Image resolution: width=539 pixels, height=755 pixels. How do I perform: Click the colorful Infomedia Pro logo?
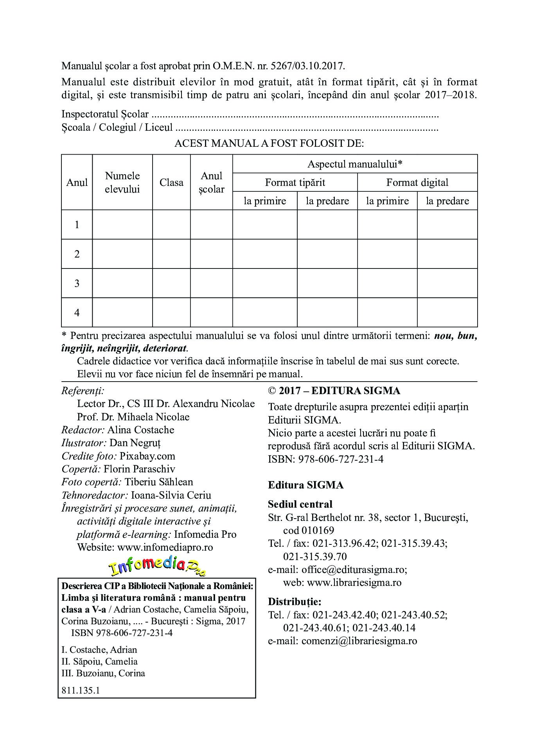[157, 567]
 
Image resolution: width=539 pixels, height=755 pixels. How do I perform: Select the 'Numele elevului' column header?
[122, 182]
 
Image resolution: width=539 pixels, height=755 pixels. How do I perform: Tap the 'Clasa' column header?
[171, 182]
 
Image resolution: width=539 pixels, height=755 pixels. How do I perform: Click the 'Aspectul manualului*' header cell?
[355, 164]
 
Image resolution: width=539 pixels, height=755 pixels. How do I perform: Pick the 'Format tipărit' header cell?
[295, 182]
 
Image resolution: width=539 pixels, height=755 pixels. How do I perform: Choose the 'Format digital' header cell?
[417, 182]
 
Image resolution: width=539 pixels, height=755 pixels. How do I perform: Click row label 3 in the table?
[77, 283]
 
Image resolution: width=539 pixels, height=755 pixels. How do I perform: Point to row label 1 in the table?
[77, 225]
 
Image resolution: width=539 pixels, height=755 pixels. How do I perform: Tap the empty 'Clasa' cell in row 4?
[171, 312]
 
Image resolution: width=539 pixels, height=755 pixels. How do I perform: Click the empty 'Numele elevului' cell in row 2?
[122, 254]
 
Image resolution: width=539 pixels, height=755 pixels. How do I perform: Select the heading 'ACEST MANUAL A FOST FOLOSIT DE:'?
[269, 143]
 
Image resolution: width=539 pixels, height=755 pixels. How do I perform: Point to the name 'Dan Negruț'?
[135, 443]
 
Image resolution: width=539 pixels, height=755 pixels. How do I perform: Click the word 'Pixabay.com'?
[147, 456]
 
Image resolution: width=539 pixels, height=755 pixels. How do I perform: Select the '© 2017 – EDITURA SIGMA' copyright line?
[334, 391]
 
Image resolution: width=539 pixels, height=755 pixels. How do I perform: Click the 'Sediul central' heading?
[300, 504]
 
